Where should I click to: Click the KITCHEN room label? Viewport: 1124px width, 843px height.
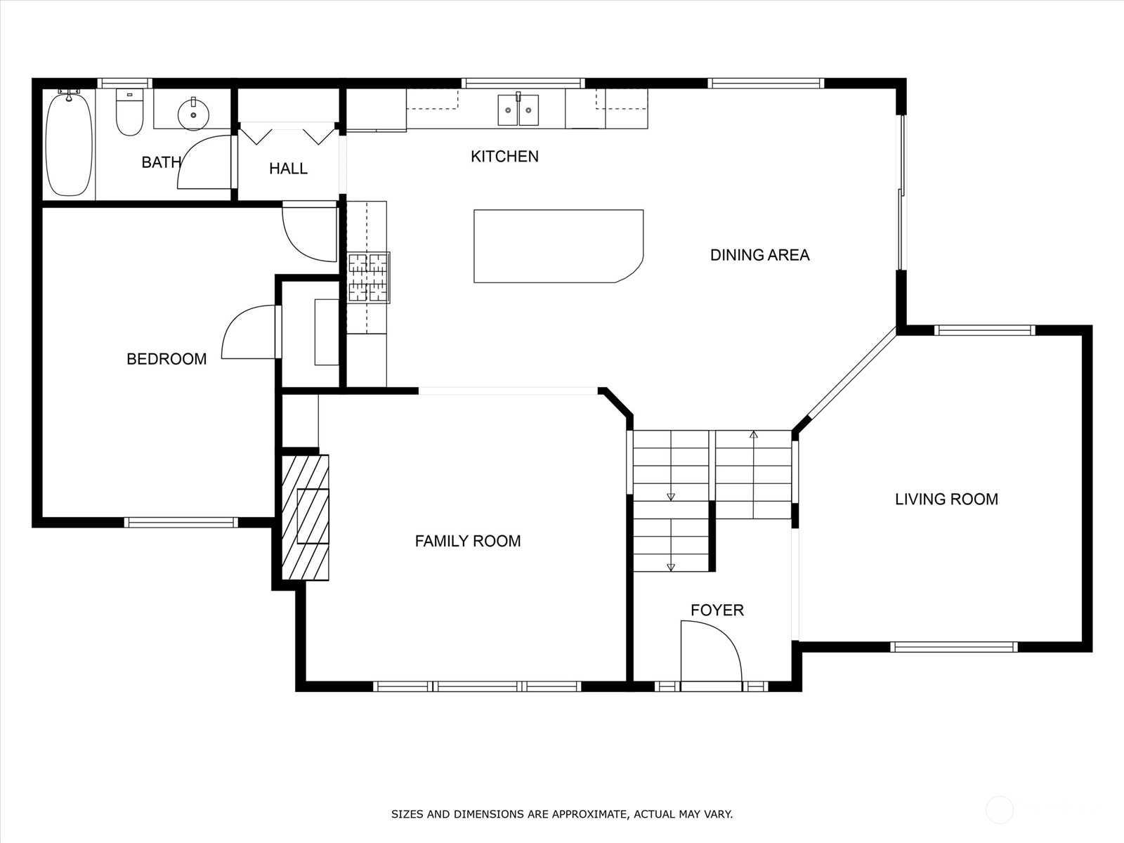click(504, 156)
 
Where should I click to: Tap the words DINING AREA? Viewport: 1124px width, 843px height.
click(759, 255)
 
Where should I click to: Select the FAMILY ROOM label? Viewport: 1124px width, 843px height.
click(468, 541)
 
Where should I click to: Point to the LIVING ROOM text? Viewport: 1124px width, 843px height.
click(946, 499)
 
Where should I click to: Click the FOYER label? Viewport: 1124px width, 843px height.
click(717, 610)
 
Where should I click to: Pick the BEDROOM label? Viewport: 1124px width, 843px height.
click(166, 359)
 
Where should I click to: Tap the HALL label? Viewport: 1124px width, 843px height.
click(288, 169)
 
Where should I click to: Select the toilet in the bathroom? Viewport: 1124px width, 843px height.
click(129, 112)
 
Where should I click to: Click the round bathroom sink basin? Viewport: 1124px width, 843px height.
click(194, 114)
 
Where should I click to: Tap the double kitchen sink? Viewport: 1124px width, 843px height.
click(518, 110)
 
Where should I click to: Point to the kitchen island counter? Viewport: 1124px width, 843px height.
click(558, 246)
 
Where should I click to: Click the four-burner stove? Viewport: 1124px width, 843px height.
click(369, 277)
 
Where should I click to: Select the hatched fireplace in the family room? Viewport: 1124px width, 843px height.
click(305, 517)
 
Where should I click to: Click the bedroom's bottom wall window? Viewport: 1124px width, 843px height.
click(181, 522)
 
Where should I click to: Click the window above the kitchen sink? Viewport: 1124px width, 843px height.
click(523, 83)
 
